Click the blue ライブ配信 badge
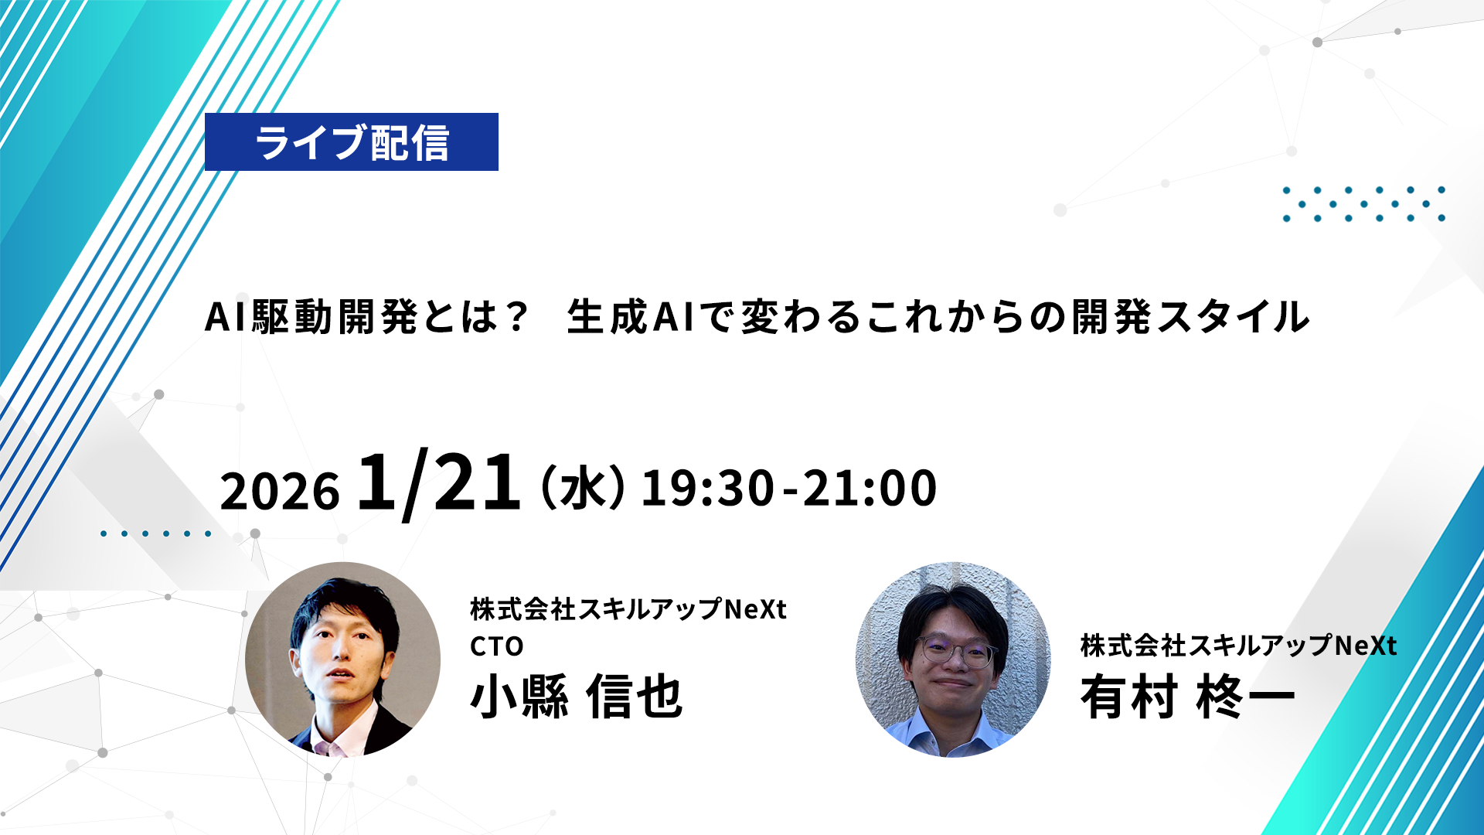click(x=352, y=142)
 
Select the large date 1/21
click(x=438, y=483)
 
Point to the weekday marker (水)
click(x=584, y=488)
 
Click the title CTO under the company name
click(x=497, y=646)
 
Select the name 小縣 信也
click(x=577, y=697)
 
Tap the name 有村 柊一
click(x=1187, y=697)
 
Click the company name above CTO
click(x=628, y=609)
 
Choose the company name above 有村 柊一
click(x=1238, y=646)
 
